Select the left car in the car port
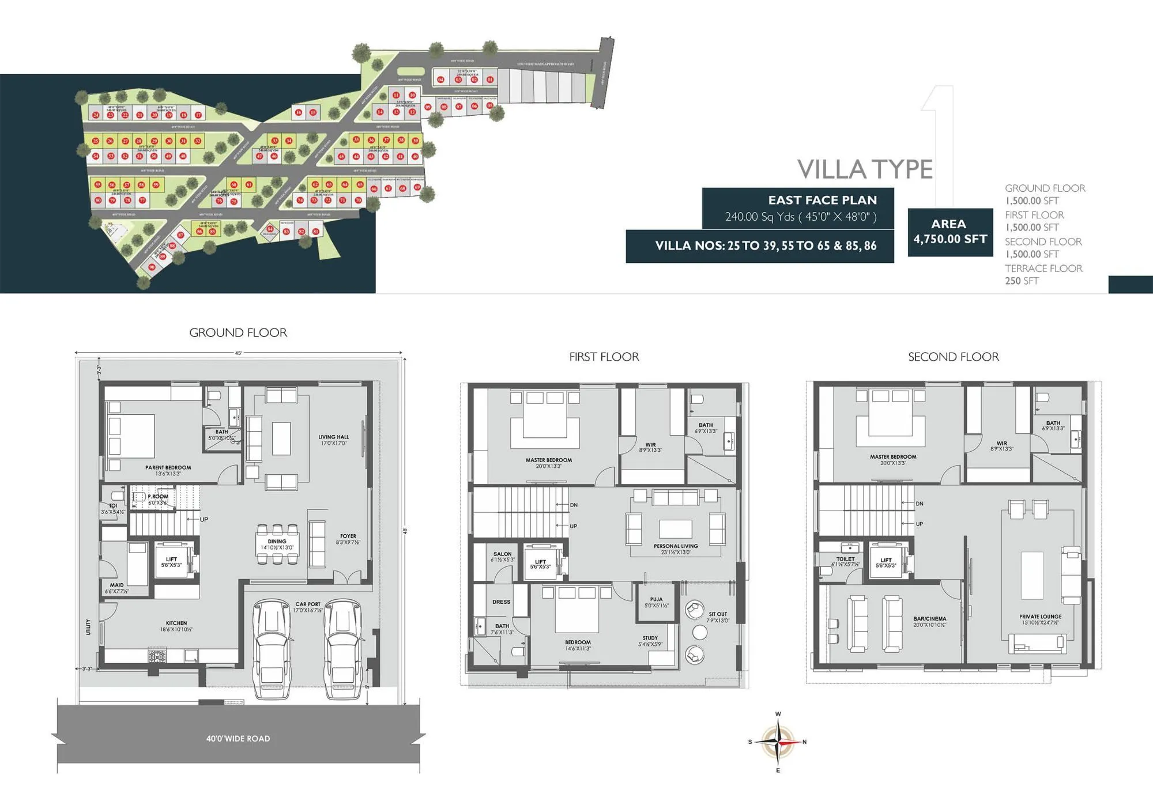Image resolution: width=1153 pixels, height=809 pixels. [272, 648]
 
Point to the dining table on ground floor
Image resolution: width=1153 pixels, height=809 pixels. [277, 544]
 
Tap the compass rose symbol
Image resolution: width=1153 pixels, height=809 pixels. [778, 742]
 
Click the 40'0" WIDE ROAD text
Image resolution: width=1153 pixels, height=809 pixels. [238, 739]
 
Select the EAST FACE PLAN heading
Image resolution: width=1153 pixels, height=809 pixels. [822, 200]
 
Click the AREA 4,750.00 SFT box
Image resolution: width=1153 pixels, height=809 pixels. [949, 232]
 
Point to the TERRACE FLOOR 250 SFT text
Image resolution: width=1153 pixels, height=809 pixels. [1043, 274]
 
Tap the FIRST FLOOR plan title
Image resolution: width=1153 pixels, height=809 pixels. [604, 357]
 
